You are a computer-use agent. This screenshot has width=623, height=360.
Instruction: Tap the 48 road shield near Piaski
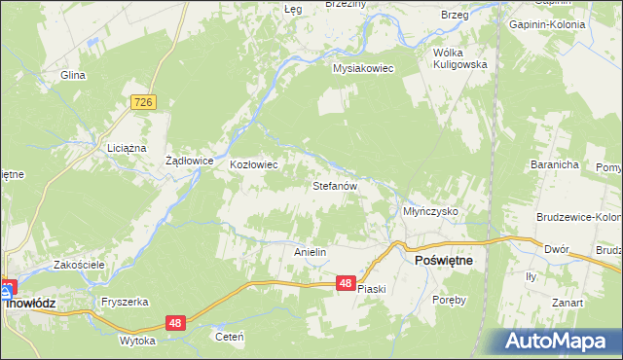tap(346, 283)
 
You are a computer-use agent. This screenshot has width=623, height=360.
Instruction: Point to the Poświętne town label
tap(444, 262)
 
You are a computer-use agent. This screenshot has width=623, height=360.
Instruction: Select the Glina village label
tap(73, 75)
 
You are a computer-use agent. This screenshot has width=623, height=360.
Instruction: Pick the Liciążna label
tap(126, 148)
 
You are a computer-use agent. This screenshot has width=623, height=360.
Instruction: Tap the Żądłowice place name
tap(189, 162)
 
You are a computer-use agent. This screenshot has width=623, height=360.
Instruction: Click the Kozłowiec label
tap(254, 165)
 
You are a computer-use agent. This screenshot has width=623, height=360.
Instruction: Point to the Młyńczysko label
tap(430, 211)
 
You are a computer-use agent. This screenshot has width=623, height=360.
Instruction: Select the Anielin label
tap(310, 252)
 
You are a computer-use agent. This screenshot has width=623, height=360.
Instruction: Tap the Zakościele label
tap(80, 265)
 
